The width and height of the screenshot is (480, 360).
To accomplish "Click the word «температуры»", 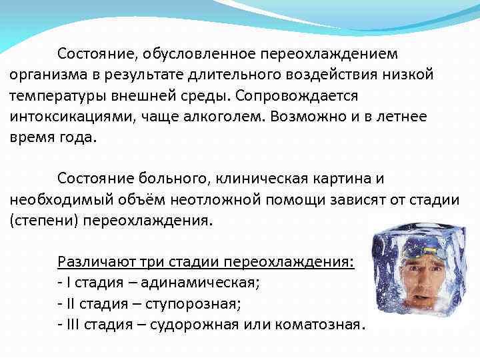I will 52,95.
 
